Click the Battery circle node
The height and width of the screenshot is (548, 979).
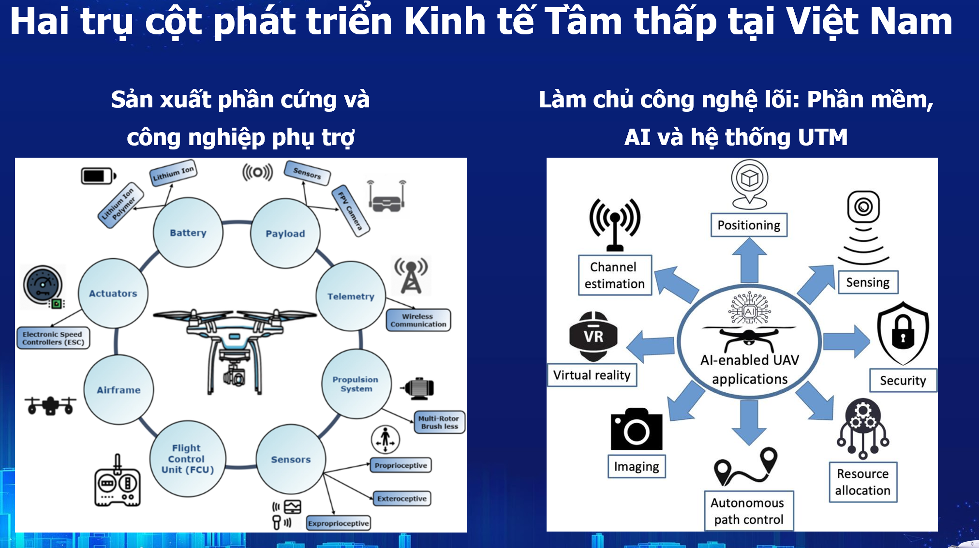pyautogui.click(x=188, y=233)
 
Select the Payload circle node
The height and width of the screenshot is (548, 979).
pyautogui.click(x=285, y=234)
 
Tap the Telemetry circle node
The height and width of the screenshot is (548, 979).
pyautogui.click(x=351, y=296)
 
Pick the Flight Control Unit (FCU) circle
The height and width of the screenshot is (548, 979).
pyautogui.click(x=188, y=459)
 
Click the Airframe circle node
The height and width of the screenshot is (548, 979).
pyautogui.click(x=119, y=390)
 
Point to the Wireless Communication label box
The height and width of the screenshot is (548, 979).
pyautogui.click(x=418, y=320)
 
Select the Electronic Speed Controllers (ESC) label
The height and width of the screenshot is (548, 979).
pyautogui.click(x=53, y=338)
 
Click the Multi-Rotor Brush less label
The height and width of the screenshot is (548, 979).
pyautogui.click(x=439, y=422)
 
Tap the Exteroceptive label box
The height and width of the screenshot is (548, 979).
pyautogui.click(x=402, y=499)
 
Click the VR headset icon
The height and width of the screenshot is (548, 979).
pyautogui.click(x=593, y=336)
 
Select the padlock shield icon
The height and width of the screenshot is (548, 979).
pyautogui.click(x=903, y=333)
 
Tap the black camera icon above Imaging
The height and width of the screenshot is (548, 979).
pyautogui.click(x=636, y=430)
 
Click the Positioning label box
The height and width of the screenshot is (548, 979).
pyautogui.click(x=749, y=225)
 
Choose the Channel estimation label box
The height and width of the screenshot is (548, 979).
pyautogui.click(x=615, y=275)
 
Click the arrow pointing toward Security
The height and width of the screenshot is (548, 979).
pyautogui.click(x=846, y=341)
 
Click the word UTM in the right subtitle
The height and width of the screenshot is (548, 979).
pyautogui.click(x=823, y=137)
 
